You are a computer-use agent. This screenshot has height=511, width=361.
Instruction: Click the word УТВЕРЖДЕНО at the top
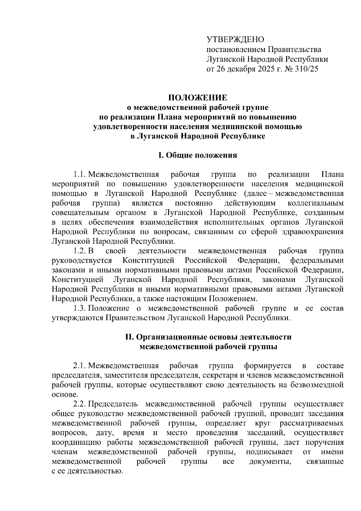(x=235, y=39)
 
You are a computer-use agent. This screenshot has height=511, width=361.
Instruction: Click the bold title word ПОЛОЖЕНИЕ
(x=197, y=98)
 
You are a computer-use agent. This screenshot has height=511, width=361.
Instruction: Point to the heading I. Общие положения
(x=198, y=155)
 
